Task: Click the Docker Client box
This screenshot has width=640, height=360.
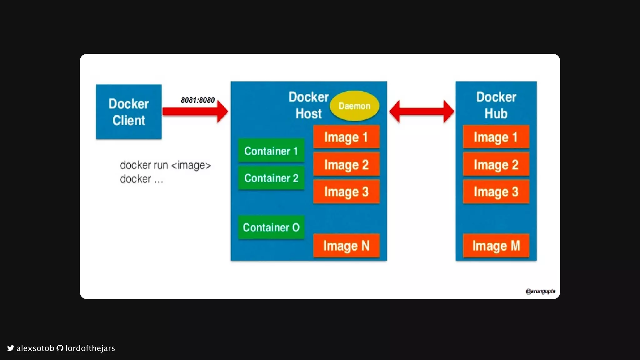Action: coord(129,112)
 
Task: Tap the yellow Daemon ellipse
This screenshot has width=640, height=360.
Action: coord(354,106)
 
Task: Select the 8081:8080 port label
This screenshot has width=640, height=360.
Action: coord(198,100)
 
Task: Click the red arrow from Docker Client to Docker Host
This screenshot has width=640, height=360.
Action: coord(195,111)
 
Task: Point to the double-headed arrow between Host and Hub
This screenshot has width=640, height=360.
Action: coord(422,111)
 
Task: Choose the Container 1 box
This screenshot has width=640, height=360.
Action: coord(271,151)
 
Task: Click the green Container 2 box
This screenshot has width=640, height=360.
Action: coord(271,178)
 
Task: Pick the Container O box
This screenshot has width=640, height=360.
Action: coord(271,227)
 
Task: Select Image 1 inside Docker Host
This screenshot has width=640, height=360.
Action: coord(346,137)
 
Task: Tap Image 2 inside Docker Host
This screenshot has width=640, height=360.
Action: coord(346,164)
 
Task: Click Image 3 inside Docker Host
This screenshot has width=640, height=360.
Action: coord(346,192)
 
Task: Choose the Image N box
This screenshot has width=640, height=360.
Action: coord(346,246)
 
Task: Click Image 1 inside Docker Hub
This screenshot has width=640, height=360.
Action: coord(496,137)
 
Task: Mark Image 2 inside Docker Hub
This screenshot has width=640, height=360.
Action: coord(496,164)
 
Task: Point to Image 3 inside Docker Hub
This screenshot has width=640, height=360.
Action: coord(496,192)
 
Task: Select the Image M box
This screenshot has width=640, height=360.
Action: coord(496,246)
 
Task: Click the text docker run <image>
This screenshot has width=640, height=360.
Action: coord(165,165)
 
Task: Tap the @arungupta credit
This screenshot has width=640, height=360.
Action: coord(540,291)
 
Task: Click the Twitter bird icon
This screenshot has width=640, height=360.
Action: coord(11,348)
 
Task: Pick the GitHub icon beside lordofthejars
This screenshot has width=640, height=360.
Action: coord(60,348)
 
